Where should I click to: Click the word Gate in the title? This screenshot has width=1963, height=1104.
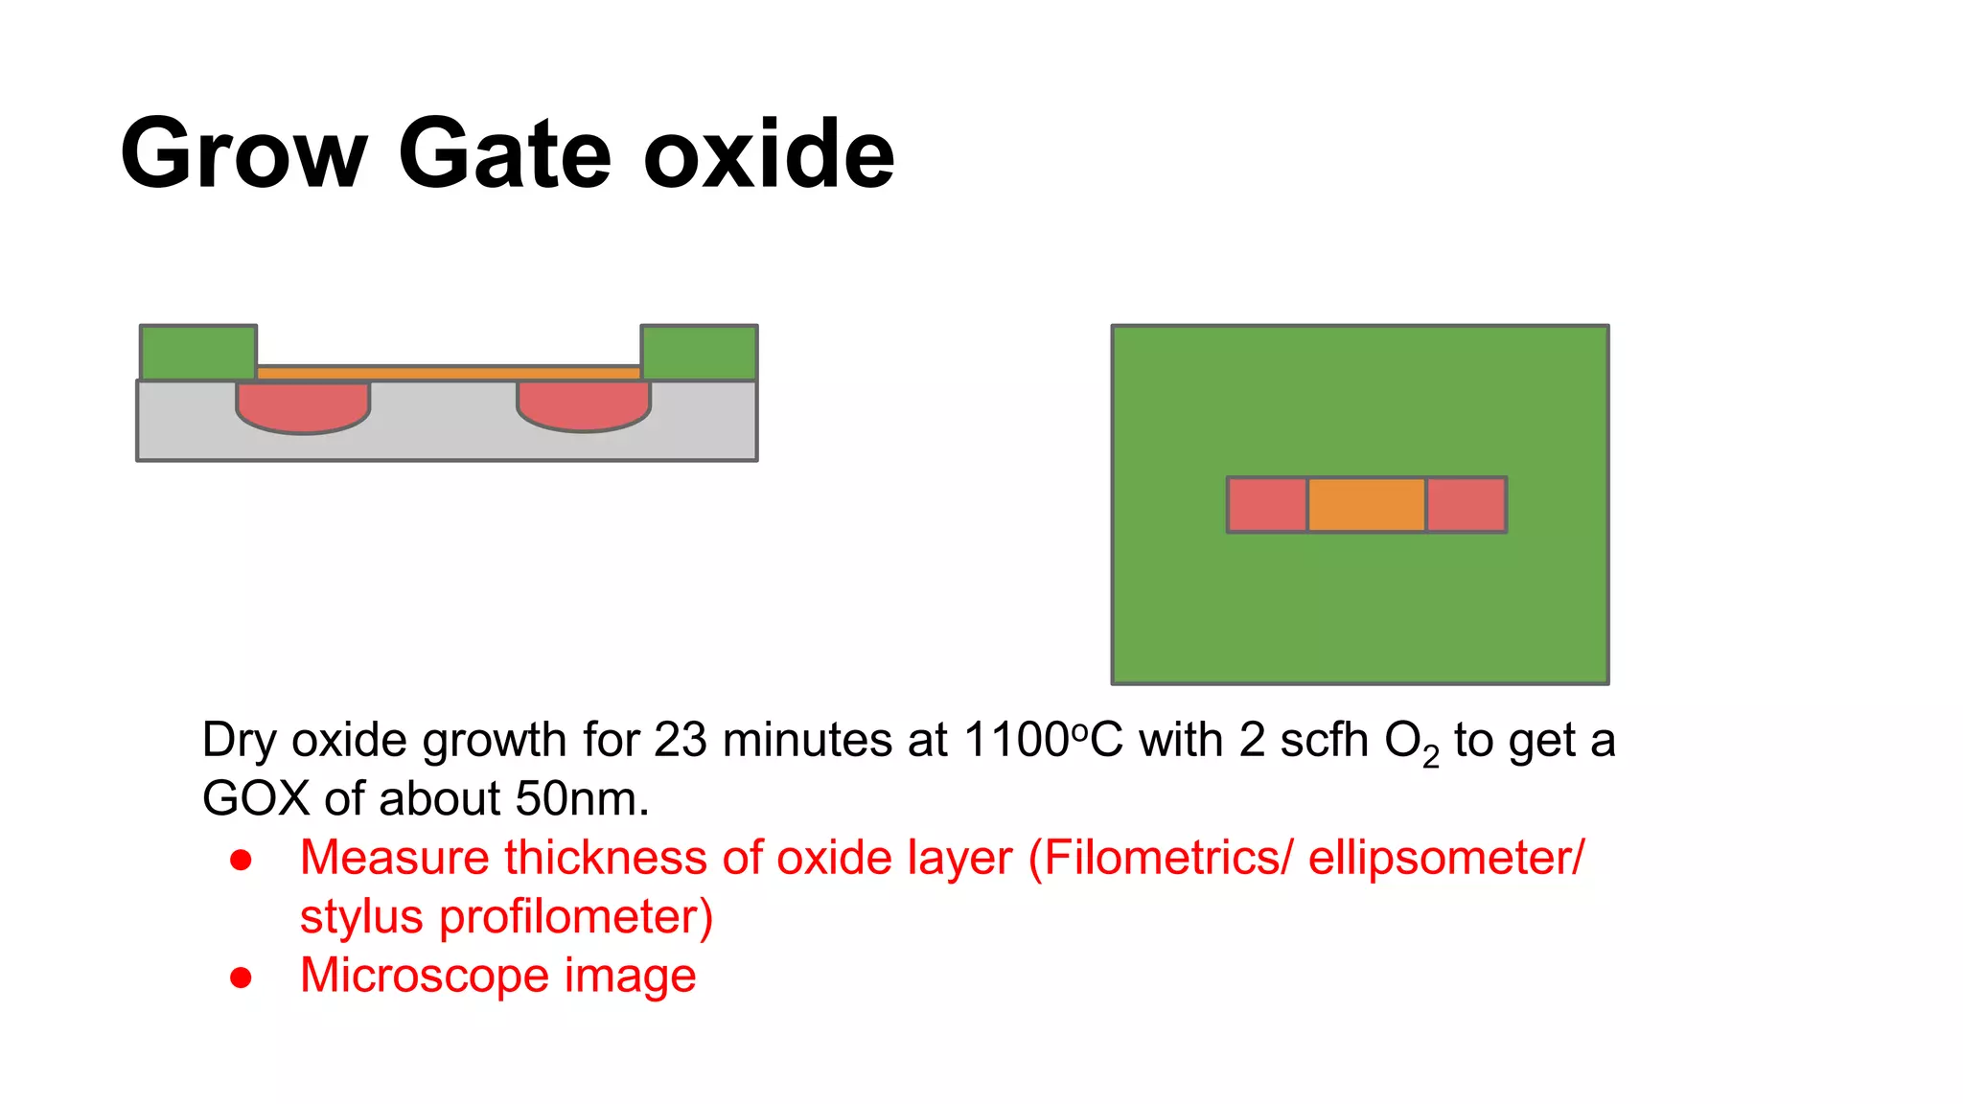click(x=504, y=153)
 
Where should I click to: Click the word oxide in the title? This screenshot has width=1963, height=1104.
click(x=769, y=153)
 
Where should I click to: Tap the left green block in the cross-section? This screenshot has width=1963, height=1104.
click(x=198, y=353)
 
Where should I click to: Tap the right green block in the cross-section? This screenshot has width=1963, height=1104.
click(x=699, y=353)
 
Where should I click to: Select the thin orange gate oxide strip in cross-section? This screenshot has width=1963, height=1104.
click(x=449, y=373)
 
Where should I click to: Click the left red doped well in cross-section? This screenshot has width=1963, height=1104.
click(x=303, y=405)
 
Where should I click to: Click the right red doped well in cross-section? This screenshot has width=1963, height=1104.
click(x=584, y=405)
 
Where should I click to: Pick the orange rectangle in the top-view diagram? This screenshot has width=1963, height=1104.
click(x=1366, y=505)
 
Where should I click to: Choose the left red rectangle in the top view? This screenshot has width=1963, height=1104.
click(x=1267, y=505)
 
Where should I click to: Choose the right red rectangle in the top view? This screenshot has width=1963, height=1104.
click(x=1466, y=505)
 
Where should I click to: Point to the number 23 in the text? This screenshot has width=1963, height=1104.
click(x=680, y=741)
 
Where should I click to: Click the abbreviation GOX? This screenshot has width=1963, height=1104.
click(x=256, y=799)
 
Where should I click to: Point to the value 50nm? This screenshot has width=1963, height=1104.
click(x=582, y=799)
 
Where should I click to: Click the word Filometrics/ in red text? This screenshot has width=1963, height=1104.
click(x=1167, y=858)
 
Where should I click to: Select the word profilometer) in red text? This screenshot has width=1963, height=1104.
click(x=576, y=917)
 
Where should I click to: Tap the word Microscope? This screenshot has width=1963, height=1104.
click(x=425, y=977)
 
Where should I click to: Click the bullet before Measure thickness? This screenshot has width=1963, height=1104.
click(x=241, y=860)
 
